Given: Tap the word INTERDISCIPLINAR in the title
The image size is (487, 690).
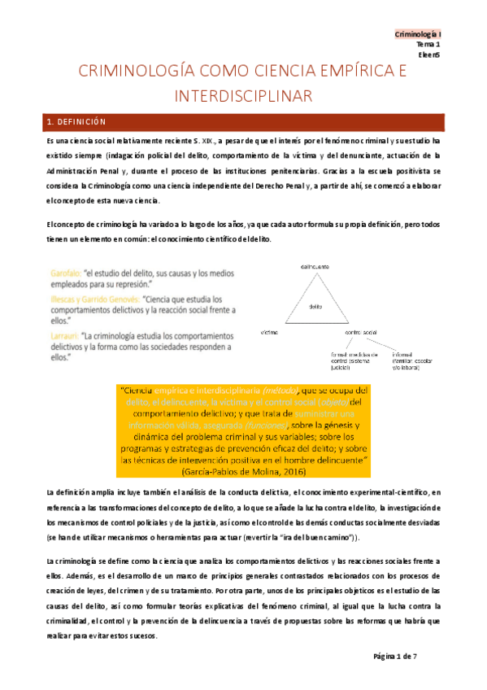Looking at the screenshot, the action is point(243,96).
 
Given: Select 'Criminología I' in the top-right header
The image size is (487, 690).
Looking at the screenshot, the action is point(418,34).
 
